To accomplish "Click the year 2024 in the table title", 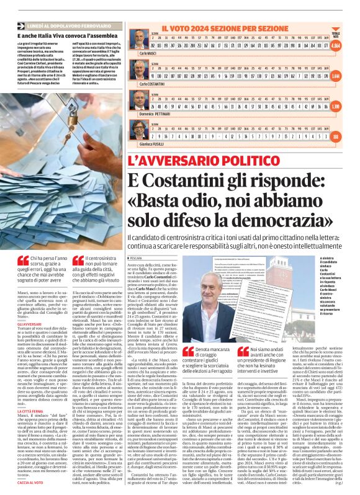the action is tap(202, 28).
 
